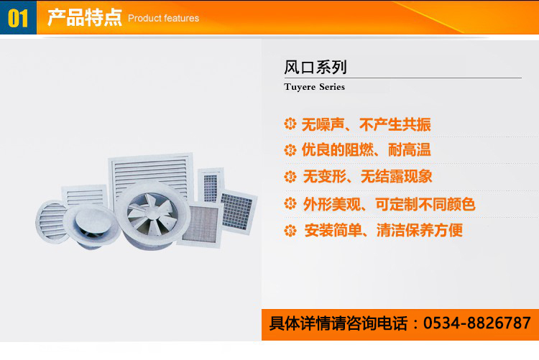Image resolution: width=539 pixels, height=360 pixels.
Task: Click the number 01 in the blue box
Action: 18,18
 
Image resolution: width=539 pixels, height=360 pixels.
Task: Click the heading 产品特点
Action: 85,17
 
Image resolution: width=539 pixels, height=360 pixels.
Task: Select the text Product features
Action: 163,18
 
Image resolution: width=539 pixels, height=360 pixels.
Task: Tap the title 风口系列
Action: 315,67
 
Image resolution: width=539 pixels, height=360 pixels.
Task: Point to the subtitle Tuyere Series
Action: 314,87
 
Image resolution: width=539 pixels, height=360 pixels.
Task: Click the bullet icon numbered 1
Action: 290,124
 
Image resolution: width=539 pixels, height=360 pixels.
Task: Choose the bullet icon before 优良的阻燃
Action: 290,150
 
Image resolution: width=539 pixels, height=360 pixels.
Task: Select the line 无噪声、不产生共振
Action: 366,124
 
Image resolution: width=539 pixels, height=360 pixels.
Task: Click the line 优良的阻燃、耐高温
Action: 366,150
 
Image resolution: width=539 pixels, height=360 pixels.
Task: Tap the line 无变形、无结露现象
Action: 367,176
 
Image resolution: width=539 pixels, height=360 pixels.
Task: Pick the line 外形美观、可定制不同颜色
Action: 389,204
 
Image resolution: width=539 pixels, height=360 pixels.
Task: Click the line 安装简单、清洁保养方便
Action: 383,230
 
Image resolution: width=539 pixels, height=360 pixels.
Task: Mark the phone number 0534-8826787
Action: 477,323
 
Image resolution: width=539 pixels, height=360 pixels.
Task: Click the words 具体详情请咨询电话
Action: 338,323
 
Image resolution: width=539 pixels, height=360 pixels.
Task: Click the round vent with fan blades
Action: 152,215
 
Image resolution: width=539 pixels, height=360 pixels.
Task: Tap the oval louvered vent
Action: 51,222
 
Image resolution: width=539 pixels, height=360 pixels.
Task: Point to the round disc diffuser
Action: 91,225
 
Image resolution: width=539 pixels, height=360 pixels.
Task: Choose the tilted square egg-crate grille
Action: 237,211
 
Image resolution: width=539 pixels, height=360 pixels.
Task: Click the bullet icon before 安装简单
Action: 290,231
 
